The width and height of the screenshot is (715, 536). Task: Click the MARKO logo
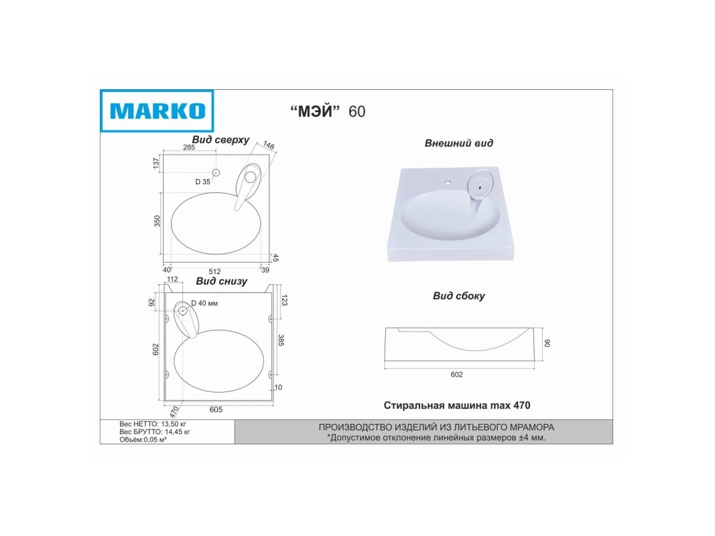click(157, 111)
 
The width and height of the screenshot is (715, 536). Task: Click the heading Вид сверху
click(220, 140)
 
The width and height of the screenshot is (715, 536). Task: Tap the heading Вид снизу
click(222, 281)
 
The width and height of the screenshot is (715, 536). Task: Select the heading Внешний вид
click(459, 143)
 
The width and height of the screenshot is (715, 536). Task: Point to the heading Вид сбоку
click(459, 295)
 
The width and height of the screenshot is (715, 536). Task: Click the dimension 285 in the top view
click(189, 147)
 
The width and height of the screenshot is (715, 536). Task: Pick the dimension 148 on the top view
click(269, 145)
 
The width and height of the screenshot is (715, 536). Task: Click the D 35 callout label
click(203, 182)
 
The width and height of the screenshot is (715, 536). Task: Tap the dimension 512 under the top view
click(215, 271)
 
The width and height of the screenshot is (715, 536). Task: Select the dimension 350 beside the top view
click(157, 221)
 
